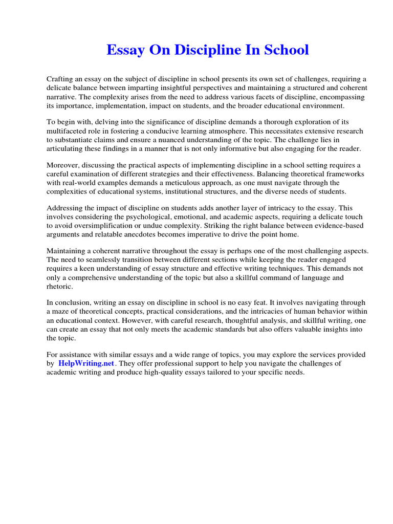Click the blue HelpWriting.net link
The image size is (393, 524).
click(x=86, y=363)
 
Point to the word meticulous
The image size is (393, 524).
click(x=206, y=183)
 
